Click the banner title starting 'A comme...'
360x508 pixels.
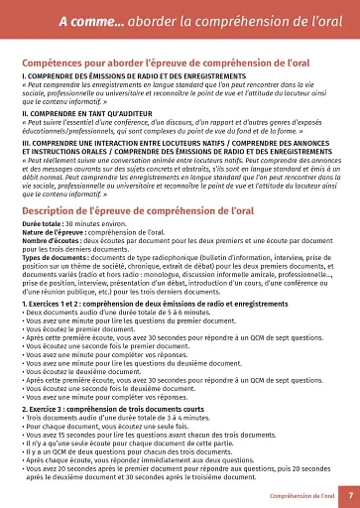(180, 20)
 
